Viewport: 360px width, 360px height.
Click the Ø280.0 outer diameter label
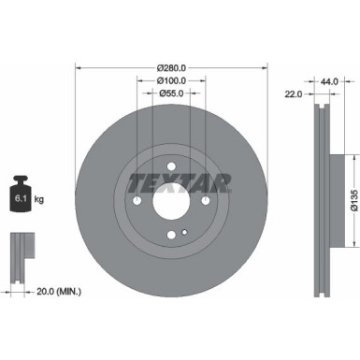coord(171,67)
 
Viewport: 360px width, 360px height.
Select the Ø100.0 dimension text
coord(170,80)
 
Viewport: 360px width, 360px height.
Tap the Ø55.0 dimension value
coord(170,94)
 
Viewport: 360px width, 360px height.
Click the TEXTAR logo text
coord(171,181)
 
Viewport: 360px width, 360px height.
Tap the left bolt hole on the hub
coord(137,202)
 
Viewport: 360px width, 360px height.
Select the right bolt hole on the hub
coord(205,202)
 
